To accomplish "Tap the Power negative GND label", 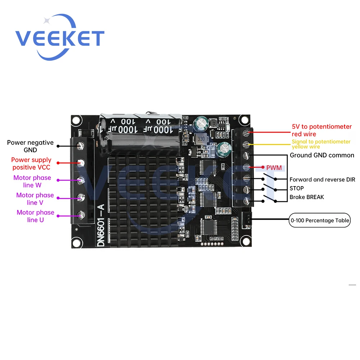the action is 30,146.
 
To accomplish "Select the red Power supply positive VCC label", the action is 31,163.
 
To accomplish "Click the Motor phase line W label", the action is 32,181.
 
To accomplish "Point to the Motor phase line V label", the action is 35,199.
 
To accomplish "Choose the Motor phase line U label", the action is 35,216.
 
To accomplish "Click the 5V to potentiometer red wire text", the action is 321,130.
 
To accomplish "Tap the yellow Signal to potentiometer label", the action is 321,144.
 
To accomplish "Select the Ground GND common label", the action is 322,156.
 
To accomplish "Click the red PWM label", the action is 274,168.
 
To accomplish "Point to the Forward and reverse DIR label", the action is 322,179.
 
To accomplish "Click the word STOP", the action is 297,188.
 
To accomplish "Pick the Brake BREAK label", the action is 307,197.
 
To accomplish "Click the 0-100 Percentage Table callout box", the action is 319,220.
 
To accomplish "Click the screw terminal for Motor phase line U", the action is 81,216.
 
